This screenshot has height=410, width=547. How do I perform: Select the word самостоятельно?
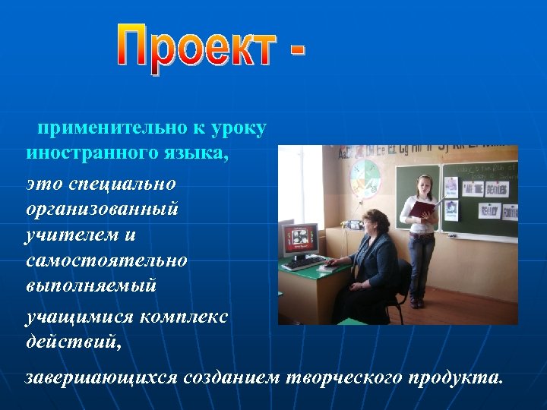click(x=106, y=260)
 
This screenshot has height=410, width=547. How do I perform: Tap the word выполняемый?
click(x=90, y=285)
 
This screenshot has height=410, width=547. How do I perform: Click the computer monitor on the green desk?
click(x=298, y=238)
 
